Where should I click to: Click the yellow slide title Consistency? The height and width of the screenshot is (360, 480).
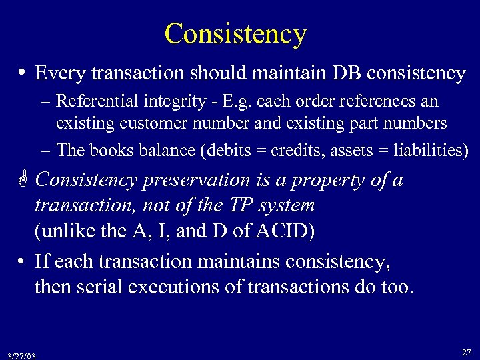pos(235,33)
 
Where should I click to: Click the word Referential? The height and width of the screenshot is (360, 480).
pos(97,101)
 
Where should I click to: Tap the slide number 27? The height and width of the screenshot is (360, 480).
pos(466,351)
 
